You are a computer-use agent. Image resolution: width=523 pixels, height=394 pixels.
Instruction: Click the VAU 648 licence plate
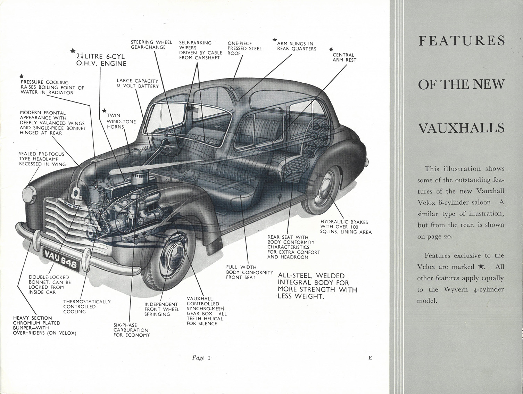pyautogui.click(x=61, y=260)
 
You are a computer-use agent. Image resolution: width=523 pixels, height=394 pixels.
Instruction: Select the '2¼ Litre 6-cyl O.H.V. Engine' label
pyautogui.click(x=101, y=60)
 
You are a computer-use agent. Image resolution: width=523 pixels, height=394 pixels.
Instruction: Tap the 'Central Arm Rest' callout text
pyautogui.click(x=344, y=57)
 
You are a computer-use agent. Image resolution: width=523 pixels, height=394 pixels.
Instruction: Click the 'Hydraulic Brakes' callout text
pyautogui.click(x=346, y=227)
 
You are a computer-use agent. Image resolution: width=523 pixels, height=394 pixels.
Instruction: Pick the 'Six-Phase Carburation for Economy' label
pyautogui.click(x=132, y=330)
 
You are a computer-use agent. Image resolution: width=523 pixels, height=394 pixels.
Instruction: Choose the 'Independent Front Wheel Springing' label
pyautogui.click(x=162, y=309)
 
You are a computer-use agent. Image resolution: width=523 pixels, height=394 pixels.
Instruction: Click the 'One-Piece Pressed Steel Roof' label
pyautogui.click(x=244, y=48)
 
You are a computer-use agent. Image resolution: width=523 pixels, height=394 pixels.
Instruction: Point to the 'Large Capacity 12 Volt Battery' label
pyautogui.click(x=138, y=83)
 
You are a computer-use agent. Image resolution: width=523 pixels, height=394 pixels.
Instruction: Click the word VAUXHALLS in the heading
pyautogui.click(x=461, y=128)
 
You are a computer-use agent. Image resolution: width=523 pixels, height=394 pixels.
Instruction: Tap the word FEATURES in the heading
pyautogui.click(x=462, y=41)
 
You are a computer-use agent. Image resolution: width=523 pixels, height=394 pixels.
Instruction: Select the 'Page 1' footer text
pyautogui.click(x=201, y=364)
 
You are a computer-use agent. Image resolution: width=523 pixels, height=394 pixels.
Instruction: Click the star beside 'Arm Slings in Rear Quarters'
pyautogui.click(x=275, y=40)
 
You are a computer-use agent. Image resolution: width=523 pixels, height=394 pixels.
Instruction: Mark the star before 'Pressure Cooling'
pyautogui.click(x=22, y=76)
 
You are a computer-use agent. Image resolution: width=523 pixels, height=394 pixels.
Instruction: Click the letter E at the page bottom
pyautogui.click(x=370, y=364)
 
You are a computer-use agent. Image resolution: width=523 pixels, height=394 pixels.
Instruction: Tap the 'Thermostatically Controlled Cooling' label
pyautogui.click(x=87, y=306)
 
